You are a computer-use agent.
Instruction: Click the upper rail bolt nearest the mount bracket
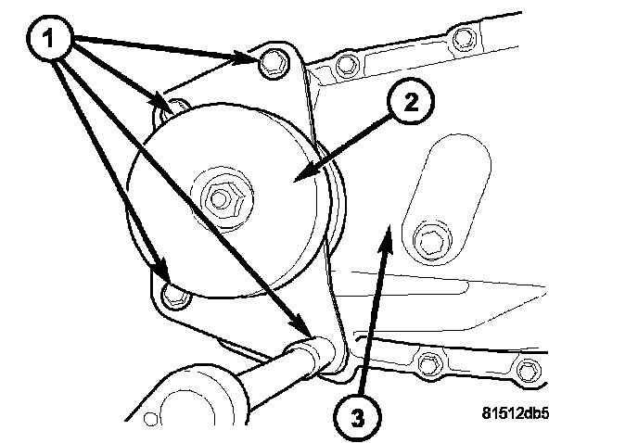(346, 65)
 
